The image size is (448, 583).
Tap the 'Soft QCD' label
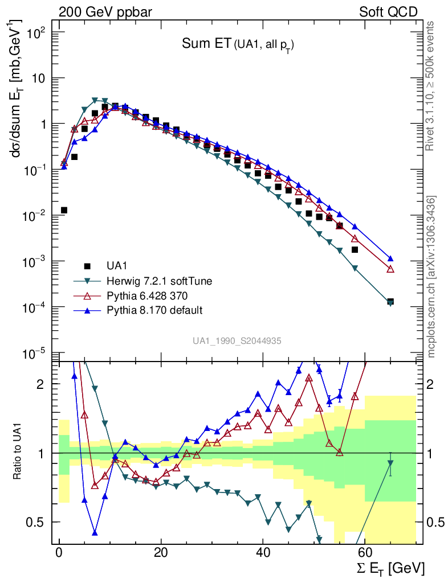[x=388, y=12]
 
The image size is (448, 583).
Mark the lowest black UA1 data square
[x=390, y=302]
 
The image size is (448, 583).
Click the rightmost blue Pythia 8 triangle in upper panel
[x=390, y=258]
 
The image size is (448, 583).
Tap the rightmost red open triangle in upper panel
[x=390, y=269]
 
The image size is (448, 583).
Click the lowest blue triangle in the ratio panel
[x=95, y=533]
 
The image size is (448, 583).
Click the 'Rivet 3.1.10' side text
[x=431, y=86]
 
